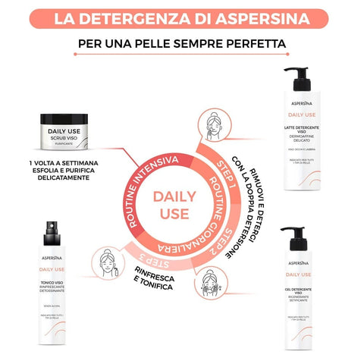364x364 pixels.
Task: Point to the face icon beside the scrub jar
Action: [212, 124]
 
